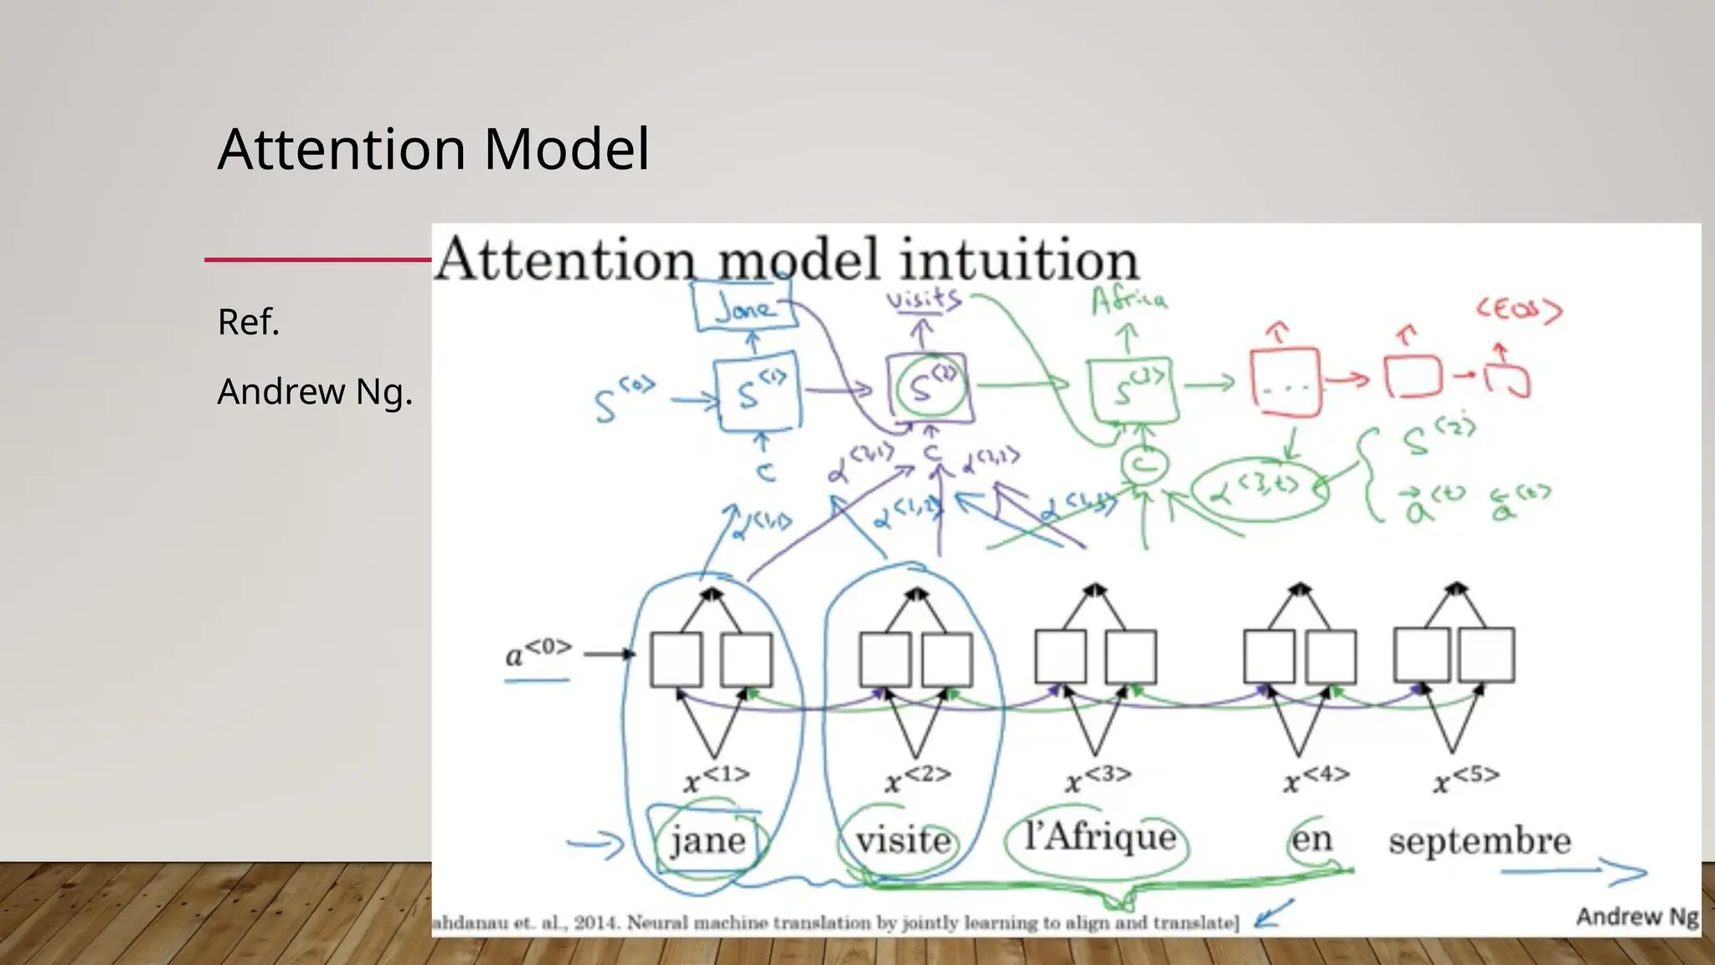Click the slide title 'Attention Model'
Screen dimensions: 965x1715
tap(433, 149)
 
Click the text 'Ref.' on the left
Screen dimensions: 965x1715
tap(248, 323)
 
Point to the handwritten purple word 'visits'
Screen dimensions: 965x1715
tap(923, 299)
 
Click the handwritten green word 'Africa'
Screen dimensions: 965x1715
tap(1129, 300)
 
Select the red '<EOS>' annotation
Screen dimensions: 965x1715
tap(1518, 311)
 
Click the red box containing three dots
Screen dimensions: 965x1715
tap(1285, 383)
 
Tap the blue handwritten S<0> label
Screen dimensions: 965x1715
tap(622, 400)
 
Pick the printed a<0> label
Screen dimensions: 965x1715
tap(538, 652)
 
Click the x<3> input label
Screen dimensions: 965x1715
tap(1097, 778)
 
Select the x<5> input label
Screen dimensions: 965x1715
tap(1465, 778)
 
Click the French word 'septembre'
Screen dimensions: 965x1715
tap(1480, 840)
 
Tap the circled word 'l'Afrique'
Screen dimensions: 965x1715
tap(1100, 836)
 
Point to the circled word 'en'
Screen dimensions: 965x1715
tap(1311, 838)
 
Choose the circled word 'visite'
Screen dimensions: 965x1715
tap(903, 839)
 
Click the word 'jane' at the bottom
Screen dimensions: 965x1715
tap(708, 839)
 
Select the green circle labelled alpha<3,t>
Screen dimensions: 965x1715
tap(1260, 489)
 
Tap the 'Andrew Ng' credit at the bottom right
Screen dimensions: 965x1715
tap(1636, 916)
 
